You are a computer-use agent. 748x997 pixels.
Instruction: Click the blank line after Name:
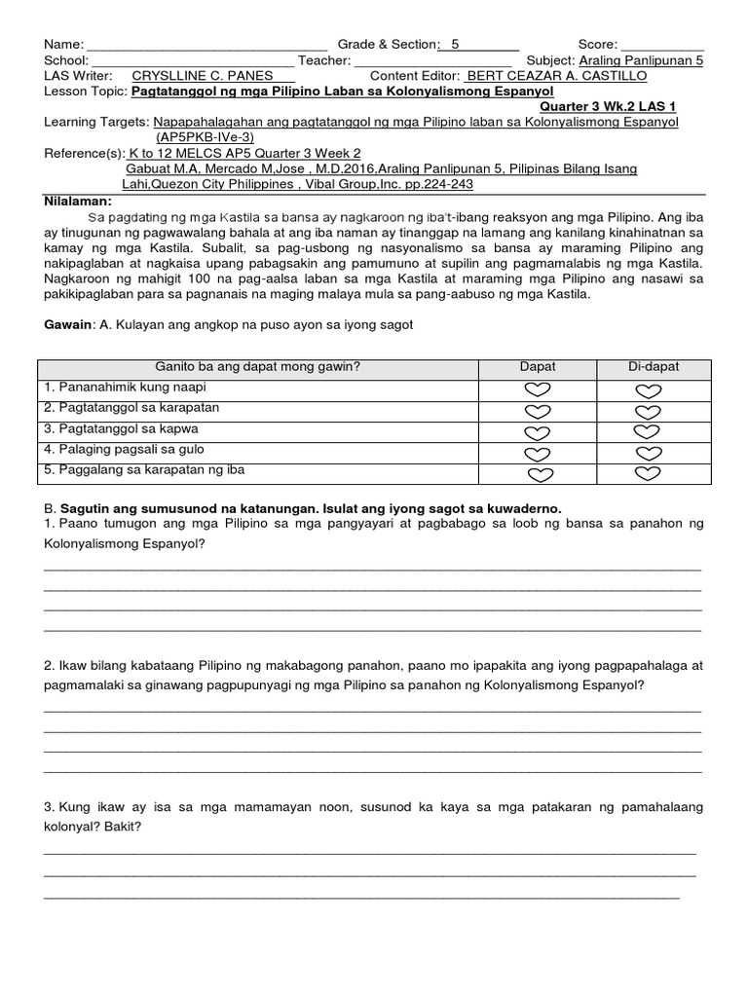[x=206, y=47]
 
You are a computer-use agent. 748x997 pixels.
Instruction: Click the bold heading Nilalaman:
[x=79, y=200]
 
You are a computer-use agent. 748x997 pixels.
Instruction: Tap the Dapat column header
[x=538, y=366]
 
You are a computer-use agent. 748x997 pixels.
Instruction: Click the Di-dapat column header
[x=654, y=366]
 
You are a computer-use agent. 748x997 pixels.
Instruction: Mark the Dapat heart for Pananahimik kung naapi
[x=538, y=389]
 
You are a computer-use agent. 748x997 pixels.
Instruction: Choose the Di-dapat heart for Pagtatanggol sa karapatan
[x=649, y=411]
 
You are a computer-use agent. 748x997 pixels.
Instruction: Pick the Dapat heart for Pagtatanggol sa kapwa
[x=538, y=431]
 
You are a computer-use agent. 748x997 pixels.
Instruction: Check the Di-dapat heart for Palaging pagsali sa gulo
[x=649, y=453]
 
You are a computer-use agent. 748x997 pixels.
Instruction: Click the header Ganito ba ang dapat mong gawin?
[x=258, y=366]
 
